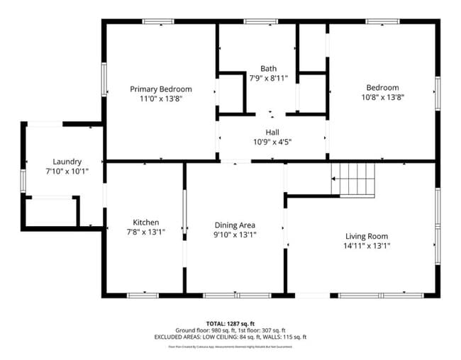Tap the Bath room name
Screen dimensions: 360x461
pyautogui.click(x=268, y=68)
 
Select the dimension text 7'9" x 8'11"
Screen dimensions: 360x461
pyautogui.click(x=268, y=78)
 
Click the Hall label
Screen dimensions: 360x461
pyautogui.click(x=272, y=132)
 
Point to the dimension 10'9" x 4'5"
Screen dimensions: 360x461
pyautogui.click(x=272, y=142)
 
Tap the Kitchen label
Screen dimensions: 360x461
pyautogui.click(x=146, y=222)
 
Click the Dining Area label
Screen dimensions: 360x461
pyautogui.click(x=235, y=225)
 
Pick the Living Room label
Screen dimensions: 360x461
pyautogui.click(x=367, y=236)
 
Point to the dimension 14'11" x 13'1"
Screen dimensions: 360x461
pyautogui.click(x=367, y=246)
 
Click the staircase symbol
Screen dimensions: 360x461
pyautogui.click(x=354, y=179)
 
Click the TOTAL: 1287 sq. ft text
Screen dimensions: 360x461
pyautogui.click(x=232, y=322)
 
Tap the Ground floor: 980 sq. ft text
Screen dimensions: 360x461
pyautogui.click(x=206, y=330)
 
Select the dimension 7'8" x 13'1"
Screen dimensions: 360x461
pyautogui.click(x=146, y=232)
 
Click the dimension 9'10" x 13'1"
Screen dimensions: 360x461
pyautogui.click(x=235, y=235)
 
